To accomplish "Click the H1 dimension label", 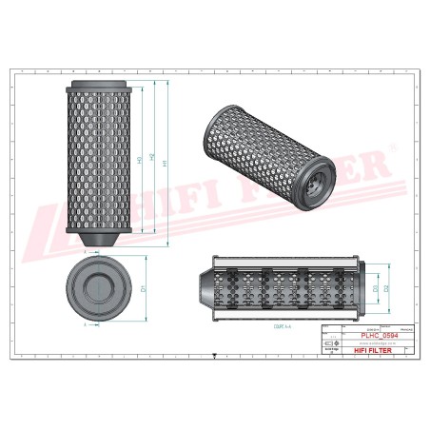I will [168, 163].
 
